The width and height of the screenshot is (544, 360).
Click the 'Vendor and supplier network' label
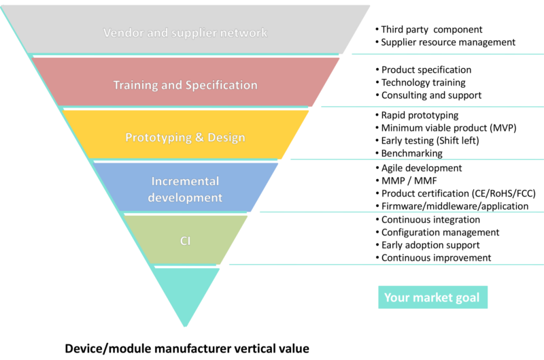[185, 32]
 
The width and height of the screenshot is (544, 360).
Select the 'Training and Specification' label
[185, 85]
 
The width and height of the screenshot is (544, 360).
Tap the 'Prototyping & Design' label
[185, 137]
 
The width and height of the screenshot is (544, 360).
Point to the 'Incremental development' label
[185, 189]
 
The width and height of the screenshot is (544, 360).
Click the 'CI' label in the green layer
[185, 240]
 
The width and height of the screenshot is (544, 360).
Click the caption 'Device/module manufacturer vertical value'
[187, 348]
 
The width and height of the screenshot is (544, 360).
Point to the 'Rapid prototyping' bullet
[420, 116]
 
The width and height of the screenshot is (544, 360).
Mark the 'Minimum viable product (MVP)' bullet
[449, 128]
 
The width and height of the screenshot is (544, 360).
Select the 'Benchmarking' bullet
[413, 154]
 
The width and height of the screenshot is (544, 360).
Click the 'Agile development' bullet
[422, 168]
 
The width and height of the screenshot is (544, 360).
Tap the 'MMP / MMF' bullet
[409, 181]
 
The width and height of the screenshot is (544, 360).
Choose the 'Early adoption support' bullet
[431, 245]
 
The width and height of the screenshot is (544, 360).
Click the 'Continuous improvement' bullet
[437, 258]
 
